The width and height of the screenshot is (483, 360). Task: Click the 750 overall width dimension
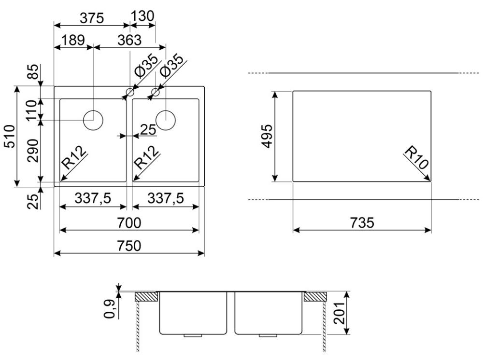click(x=129, y=246)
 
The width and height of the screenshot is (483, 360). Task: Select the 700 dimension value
click(x=129, y=222)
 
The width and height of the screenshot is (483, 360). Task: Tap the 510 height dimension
click(x=10, y=136)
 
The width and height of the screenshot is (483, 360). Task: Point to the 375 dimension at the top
click(x=92, y=18)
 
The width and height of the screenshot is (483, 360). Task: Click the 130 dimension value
click(x=142, y=16)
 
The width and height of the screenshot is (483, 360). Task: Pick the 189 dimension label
click(x=73, y=40)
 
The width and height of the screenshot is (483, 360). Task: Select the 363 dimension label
click(x=129, y=40)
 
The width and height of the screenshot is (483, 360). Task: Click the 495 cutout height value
click(x=268, y=136)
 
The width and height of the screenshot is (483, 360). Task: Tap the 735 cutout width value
click(x=362, y=222)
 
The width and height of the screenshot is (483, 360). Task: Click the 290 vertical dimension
click(x=33, y=151)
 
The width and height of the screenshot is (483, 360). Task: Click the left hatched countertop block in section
click(x=147, y=297)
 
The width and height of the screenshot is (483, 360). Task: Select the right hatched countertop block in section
click(x=315, y=297)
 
